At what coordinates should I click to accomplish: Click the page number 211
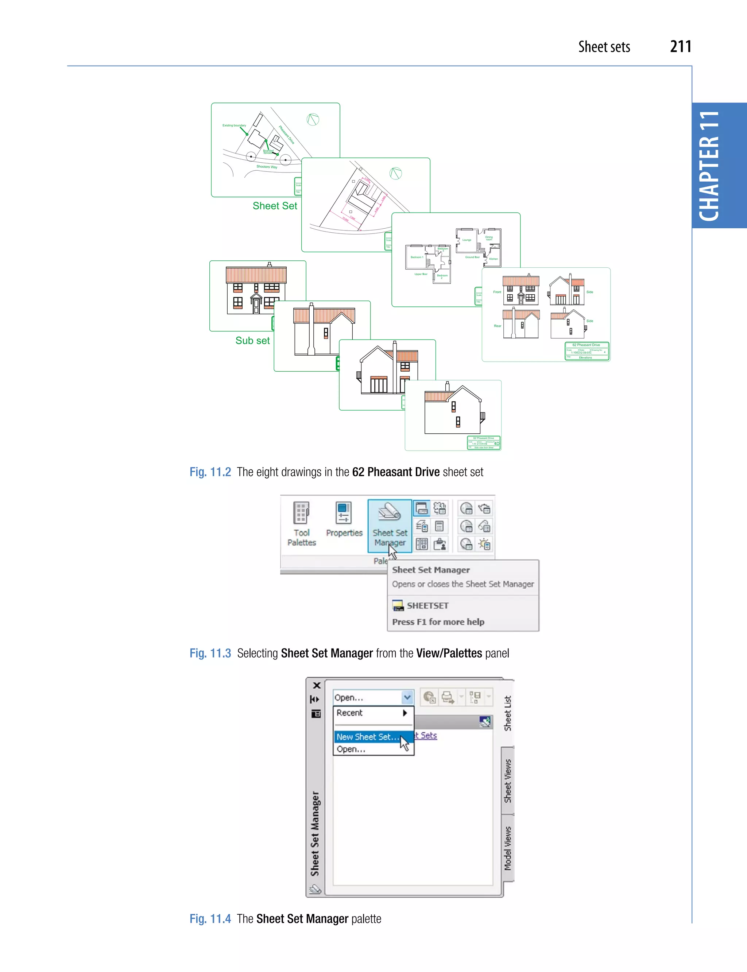pos(680,47)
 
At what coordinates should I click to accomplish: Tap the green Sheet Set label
pos(275,206)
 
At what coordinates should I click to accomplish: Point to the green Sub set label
pos(252,341)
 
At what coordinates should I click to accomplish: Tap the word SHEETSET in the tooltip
pos(427,605)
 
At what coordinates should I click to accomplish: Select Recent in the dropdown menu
pos(349,713)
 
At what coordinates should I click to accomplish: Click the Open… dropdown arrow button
pos(407,697)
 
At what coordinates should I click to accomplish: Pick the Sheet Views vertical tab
pos(508,781)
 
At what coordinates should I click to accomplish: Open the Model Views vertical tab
pos(508,848)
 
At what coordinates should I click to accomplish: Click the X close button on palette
pos(317,685)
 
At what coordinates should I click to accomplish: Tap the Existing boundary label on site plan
pos(234,125)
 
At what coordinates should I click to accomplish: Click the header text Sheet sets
pos(604,47)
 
